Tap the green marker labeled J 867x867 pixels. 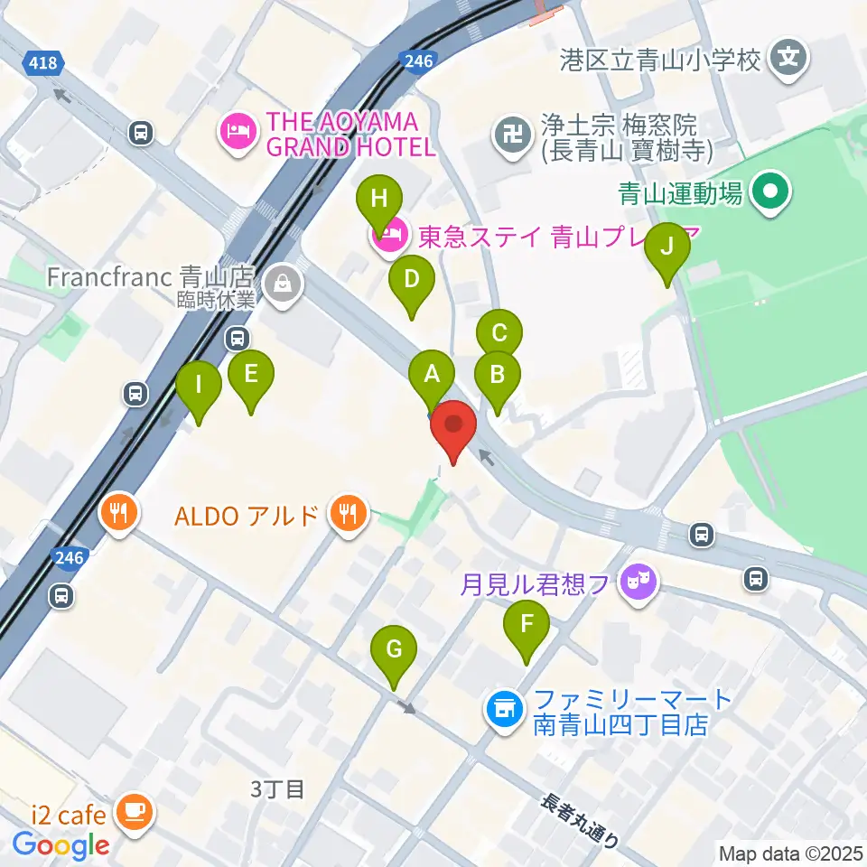667,247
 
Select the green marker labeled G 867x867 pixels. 395,650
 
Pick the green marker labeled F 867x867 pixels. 527,624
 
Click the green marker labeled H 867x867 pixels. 379,199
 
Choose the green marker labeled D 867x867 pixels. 411,280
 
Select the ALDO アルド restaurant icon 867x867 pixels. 348,514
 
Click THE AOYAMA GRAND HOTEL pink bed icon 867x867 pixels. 237,134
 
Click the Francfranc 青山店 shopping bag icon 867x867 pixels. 284,285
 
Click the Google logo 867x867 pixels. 60,845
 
